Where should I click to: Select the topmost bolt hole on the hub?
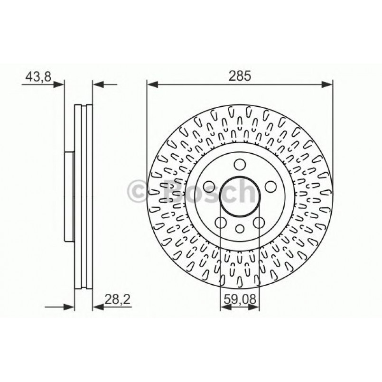[x=240, y=165]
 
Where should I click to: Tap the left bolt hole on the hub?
[x=208, y=186]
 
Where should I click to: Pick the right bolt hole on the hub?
[x=270, y=186]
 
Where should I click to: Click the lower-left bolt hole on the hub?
[x=220, y=222]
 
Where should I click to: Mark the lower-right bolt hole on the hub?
[x=259, y=222]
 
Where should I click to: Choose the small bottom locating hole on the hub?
[x=240, y=229]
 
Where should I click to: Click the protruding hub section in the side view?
[x=69, y=196]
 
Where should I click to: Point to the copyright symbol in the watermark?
[x=139, y=192]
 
